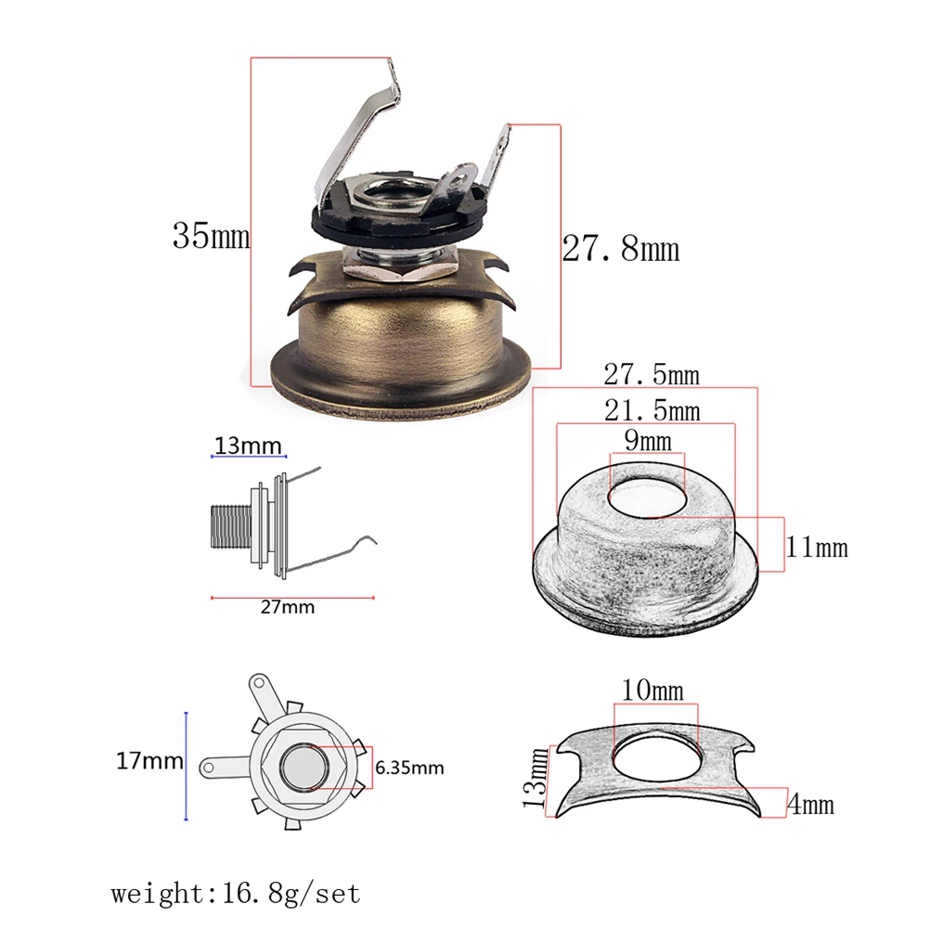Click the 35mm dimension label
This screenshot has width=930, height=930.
pyautogui.click(x=211, y=236)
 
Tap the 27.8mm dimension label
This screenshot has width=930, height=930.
pyautogui.click(x=620, y=249)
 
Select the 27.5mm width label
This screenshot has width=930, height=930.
pyautogui.click(x=651, y=375)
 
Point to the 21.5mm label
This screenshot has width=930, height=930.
pyautogui.click(x=651, y=409)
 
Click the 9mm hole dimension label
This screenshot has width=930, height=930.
pyautogui.click(x=646, y=441)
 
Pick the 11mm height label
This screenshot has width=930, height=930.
pyautogui.click(x=817, y=547)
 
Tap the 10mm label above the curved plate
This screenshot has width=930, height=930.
pyautogui.click(x=652, y=691)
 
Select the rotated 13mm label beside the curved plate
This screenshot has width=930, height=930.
pyautogui.click(x=534, y=778)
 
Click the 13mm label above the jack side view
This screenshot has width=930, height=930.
pyautogui.click(x=247, y=446)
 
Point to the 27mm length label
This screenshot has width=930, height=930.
pyautogui.click(x=287, y=608)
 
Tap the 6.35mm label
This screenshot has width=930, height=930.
pyautogui.click(x=409, y=768)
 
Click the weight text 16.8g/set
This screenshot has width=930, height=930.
pyautogui.click(x=235, y=895)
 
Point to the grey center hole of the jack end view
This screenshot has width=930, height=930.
pyautogui.click(x=303, y=766)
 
